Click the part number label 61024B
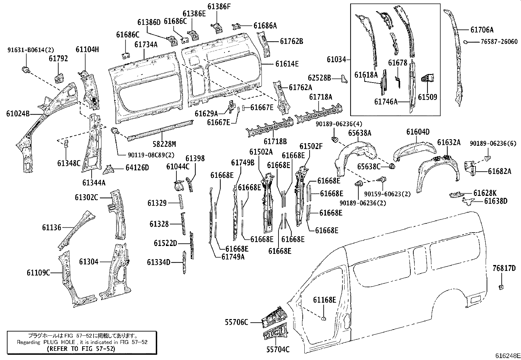(x=18, y=114)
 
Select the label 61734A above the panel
(x=146, y=44)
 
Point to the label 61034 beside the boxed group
(x=336, y=60)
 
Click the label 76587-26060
(x=499, y=42)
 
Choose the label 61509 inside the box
(x=427, y=97)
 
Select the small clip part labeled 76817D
(x=500, y=287)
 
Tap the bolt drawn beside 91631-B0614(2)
(x=25, y=69)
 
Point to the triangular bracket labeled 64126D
(x=108, y=170)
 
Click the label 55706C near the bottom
(x=236, y=322)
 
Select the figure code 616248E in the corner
(x=507, y=355)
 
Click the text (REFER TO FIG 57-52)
(x=81, y=349)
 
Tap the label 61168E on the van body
(x=324, y=300)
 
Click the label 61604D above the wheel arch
(x=418, y=132)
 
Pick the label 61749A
(x=233, y=256)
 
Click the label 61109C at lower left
(x=38, y=273)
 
